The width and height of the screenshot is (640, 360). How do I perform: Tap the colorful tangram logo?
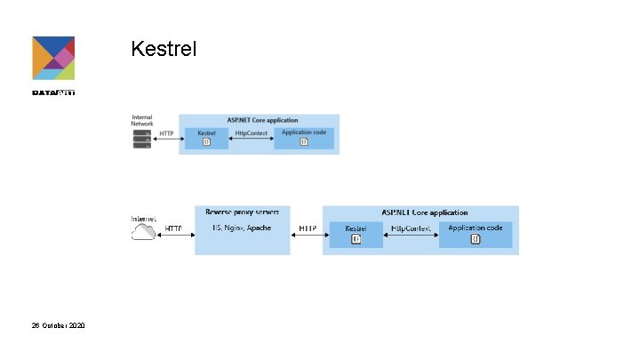53,59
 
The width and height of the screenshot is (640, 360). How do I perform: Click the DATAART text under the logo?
53,92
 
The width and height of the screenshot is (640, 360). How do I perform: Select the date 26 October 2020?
59,327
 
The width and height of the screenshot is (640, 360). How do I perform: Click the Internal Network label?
142,121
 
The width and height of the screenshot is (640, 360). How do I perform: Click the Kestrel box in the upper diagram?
206,137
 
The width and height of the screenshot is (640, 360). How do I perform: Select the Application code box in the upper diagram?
304,137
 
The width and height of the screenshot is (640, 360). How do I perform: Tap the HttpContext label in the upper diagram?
252,132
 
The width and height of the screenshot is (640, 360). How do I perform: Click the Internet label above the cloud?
144,219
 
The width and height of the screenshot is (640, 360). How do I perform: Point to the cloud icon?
144,234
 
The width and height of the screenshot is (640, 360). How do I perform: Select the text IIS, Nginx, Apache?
242,228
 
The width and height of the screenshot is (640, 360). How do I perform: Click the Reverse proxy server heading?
242,212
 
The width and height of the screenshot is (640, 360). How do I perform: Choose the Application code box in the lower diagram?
476,234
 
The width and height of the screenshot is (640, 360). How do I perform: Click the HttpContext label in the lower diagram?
412,228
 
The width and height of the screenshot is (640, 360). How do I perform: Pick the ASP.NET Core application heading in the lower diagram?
425,213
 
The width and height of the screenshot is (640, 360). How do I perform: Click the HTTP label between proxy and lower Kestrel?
308,228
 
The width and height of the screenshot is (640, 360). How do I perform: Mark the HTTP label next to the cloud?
173,228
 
